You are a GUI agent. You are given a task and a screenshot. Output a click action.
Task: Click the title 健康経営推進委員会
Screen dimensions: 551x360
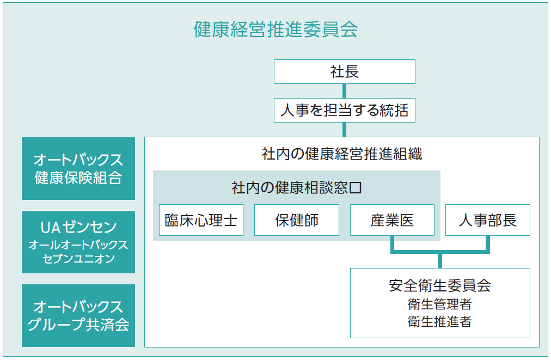point(276,29)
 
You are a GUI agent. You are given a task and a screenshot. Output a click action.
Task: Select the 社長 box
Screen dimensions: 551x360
point(344,72)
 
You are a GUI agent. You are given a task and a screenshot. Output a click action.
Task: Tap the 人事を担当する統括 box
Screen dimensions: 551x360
point(344,111)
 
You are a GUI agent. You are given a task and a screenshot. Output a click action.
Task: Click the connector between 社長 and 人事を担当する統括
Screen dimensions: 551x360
point(344,91)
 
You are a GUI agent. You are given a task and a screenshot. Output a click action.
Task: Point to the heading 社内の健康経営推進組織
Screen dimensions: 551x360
point(342,154)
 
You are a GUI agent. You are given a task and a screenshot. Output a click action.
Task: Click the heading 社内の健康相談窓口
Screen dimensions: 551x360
point(297,188)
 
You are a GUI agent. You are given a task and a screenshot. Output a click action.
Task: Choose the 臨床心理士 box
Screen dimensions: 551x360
point(201,220)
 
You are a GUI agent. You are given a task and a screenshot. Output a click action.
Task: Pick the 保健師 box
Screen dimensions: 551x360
point(297,220)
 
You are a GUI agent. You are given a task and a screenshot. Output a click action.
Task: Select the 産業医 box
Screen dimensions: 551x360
point(392,220)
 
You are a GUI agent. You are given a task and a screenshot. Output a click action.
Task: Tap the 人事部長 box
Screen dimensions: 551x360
point(488,220)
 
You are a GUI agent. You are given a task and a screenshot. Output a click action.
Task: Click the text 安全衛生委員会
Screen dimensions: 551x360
point(440,285)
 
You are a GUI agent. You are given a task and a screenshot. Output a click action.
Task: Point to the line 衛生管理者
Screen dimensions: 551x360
point(440,304)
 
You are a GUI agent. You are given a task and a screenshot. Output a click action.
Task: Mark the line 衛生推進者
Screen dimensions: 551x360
point(440,321)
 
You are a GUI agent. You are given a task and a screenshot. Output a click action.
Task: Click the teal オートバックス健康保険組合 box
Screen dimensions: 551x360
point(78,169)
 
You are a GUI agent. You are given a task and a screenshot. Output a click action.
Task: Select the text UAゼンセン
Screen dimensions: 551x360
point(78,228)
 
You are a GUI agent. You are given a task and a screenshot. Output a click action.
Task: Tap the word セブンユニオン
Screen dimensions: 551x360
point(78,259)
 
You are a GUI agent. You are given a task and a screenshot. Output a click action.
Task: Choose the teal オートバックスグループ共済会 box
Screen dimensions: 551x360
point(78,316)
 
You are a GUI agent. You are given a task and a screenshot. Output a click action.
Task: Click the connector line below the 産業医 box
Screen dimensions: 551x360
point(392,243)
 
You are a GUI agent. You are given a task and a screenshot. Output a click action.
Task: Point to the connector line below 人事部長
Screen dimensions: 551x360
point(488,243)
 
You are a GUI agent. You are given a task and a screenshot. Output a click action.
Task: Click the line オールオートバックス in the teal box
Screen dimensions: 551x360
point(78,245)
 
